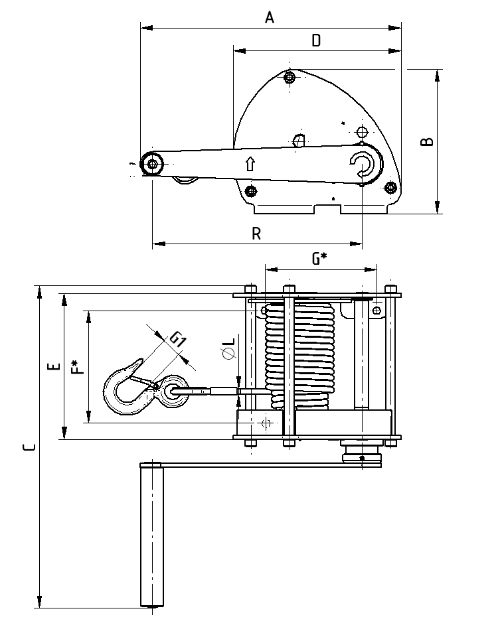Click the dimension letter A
[x=270, y=18]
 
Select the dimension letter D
[x=317, y=40]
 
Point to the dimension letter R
[x=256, y=233]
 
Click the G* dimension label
[x=320, y=259]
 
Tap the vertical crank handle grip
[x=151, y=534]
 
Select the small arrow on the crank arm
[x=250, y=163]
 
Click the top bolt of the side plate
[x=289, y=78]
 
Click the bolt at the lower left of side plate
[x=250, y=192]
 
